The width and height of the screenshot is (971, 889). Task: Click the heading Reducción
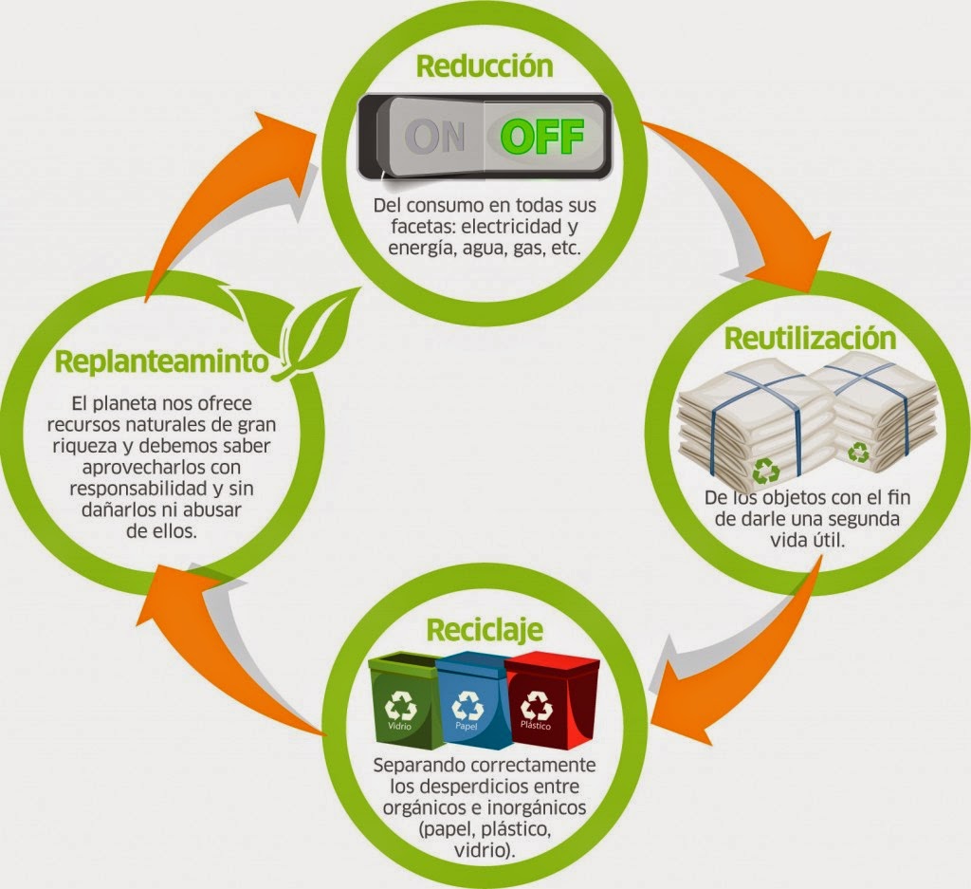(x=485, y=66)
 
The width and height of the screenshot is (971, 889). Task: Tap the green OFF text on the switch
(x=541, y=137)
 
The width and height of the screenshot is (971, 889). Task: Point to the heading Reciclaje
(x=485, y=630)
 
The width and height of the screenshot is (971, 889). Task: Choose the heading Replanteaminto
(x=157, y=362)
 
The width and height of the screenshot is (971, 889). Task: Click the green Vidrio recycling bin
(x=403, y=702)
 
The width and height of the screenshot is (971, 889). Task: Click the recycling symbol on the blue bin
(x=468, y=704)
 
